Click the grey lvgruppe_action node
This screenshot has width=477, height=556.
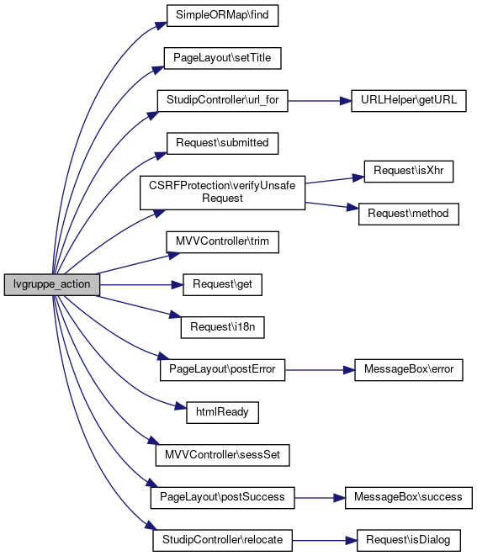pyautogui.click(x=52, y=284)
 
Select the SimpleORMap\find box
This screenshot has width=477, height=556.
pyautogui.click(x=222, y=15)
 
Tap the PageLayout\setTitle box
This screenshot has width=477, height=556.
pyautogui.click(x=222, y=58)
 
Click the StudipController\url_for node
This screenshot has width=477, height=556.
pyautogui.click(x=222, y=101)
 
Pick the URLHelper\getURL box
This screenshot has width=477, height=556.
pyautogui.click(x=409, y=101)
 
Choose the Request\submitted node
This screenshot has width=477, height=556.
pyautogui.click(x=222, y=143)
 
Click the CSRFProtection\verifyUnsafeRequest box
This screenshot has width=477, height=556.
pyautogui.click(x=222, y=193)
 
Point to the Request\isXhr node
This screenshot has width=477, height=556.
pyautogui.click(x=409, y=172)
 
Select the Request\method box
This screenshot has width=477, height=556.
pyautogui.click(x=409, y=214)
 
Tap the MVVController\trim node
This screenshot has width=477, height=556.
pyautogui.click(x=222, y=242)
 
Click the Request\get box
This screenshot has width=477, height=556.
pyautogui.click(x=222, y=285)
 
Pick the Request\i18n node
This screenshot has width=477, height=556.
pyautogui.click(x=222, y=327)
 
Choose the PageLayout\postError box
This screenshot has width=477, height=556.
pyautogui.click(x=222, y=370)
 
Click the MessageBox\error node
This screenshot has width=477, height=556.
pyautogui.click(x=409, y=370)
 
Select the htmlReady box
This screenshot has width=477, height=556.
pyautogui.click(x=222, y=412)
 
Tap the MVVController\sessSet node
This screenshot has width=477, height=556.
pyautogui.click(x=222, y=455)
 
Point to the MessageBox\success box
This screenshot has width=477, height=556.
pyautogui.click(x=409, y=498)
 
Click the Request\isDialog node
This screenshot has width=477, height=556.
pyautogui.click(x=409, y=540)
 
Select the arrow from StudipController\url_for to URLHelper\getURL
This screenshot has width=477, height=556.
pyautogui.click(x=320, y=101)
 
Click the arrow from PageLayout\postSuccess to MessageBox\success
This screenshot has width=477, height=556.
pyautogui.click(x=320, y=498)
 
